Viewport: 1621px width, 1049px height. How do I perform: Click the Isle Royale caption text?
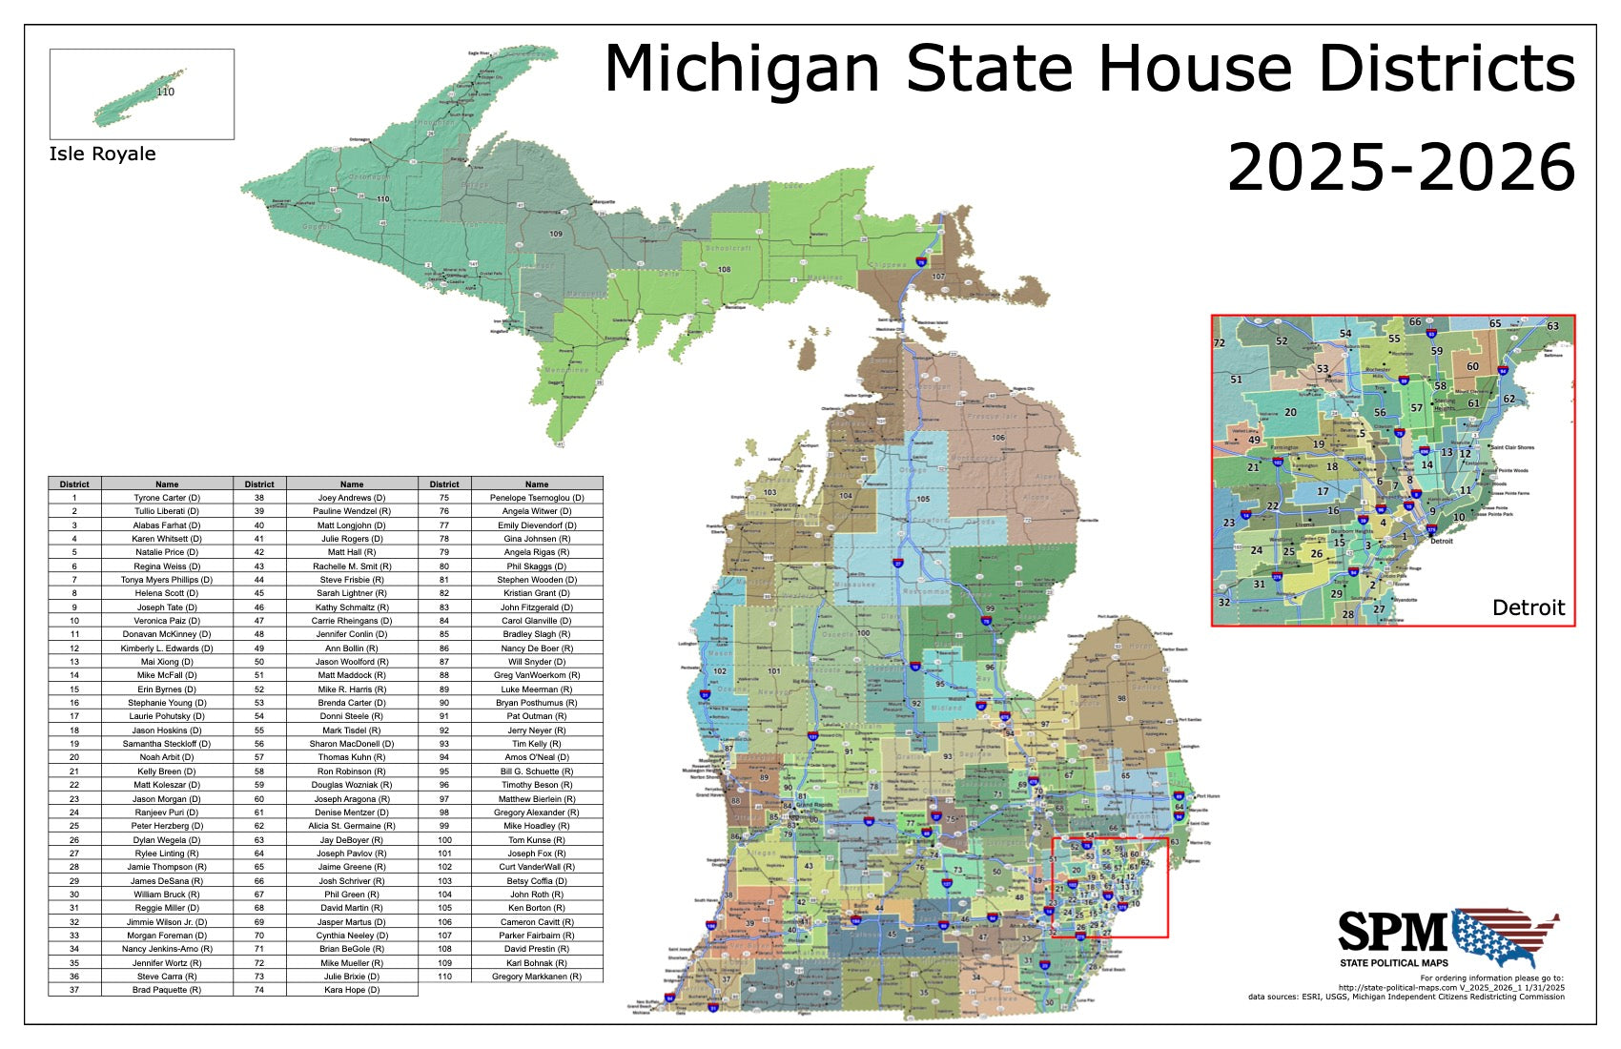[102, 154]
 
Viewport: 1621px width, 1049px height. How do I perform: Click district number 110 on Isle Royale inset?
[165, 92]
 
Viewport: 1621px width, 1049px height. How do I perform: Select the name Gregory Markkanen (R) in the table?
[537, 977]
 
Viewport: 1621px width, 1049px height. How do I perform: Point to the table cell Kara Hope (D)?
[352, 990]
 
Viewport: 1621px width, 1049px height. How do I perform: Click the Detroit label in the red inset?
[1528, 607]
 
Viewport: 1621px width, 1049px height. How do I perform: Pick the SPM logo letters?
[1392, 932]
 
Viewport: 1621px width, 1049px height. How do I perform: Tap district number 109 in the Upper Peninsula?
[556, 234]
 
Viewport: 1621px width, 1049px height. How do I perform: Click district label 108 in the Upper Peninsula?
[724, 270]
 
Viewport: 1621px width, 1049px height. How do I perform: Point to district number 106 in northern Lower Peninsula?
[997, 438]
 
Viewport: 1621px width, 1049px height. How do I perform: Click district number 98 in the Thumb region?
[1122, 698]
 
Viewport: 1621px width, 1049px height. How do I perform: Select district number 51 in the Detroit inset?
[1236, 380]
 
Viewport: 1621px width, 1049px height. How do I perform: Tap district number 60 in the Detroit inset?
[1472, 366]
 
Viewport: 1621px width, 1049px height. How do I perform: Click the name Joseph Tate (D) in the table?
[167, 607]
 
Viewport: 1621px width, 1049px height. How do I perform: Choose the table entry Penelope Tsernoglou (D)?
[537, 498]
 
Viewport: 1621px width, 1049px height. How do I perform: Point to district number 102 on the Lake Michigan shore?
[720, 671]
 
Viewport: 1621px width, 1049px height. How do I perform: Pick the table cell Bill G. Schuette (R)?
[537, 771]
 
